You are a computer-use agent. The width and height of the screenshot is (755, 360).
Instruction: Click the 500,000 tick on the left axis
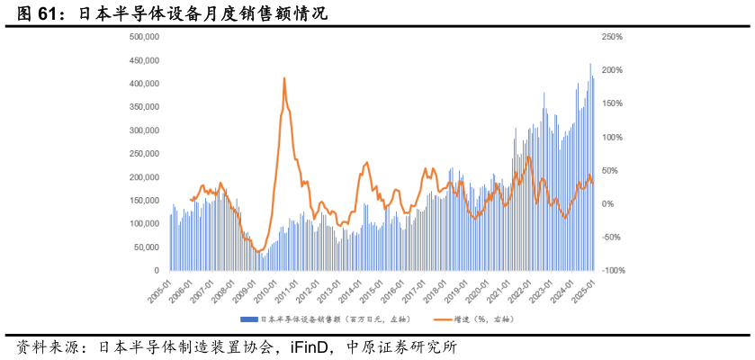point(145,37)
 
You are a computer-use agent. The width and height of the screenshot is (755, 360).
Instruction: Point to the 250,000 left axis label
point(145,154)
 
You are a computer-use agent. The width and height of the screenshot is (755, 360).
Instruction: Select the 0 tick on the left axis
point(157,271)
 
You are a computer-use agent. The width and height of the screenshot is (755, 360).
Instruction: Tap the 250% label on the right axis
point(612,37)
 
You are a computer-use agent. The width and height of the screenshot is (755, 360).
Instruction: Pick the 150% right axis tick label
point(612,103)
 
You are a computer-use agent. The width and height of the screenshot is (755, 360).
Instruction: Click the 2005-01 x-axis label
point(159,291)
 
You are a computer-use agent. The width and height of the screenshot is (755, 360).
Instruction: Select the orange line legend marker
point(442,319)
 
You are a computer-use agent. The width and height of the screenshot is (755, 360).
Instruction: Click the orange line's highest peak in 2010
point(284,78)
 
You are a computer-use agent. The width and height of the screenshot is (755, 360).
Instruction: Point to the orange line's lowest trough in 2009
point(257,252)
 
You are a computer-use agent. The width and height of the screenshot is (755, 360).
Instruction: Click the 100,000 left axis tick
point(145,224)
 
